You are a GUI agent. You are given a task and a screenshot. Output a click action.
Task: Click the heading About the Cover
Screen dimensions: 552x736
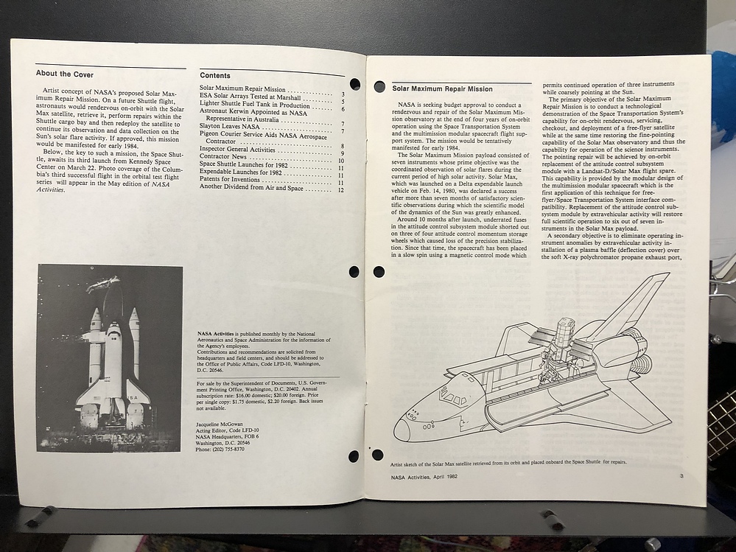65,74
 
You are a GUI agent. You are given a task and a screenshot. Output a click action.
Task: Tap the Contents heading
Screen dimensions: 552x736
215,75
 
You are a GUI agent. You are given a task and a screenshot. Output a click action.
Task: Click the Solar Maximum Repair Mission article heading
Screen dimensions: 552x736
442,88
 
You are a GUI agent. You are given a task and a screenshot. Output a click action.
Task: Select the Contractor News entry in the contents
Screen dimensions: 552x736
223,156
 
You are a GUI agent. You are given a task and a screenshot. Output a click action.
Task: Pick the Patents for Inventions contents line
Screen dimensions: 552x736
229,181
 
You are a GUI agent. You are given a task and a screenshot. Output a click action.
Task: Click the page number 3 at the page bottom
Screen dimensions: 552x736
681,476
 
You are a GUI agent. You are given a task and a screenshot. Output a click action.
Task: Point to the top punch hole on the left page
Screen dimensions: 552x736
354,84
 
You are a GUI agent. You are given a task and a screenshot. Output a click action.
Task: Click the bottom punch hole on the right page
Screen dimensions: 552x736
378,455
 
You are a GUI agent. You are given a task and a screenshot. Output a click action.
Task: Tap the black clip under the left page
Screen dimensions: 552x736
41,516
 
